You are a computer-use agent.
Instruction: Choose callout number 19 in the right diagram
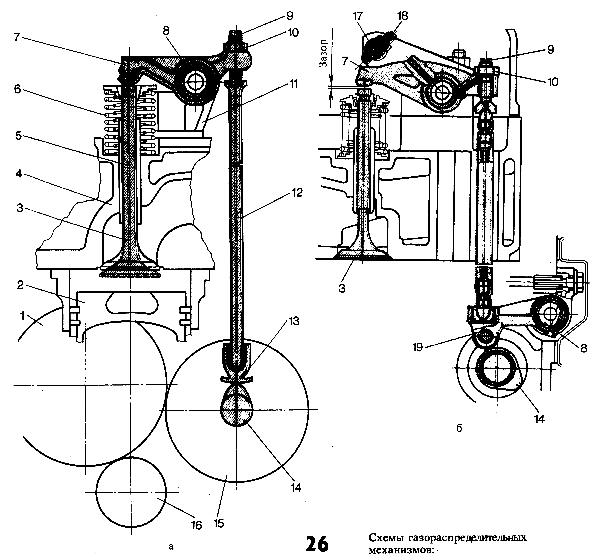pos(418,347)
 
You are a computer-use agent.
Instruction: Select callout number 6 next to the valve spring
pos(17,90)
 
